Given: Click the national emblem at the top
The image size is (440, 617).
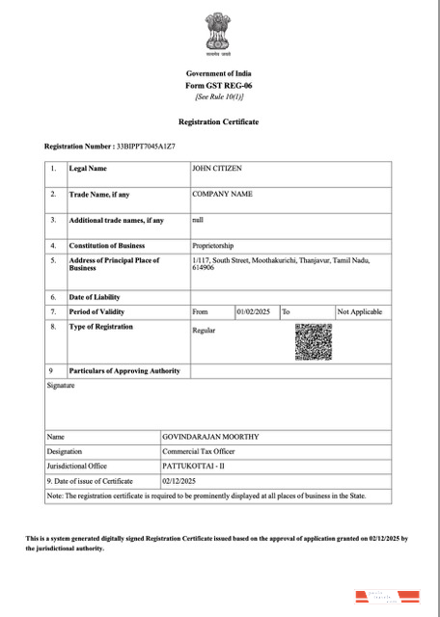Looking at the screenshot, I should click(x=219, y=36).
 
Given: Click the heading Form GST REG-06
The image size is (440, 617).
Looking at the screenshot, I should click(x=219, y=86).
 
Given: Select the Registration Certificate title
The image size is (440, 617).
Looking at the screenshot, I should click(x=219, y=122).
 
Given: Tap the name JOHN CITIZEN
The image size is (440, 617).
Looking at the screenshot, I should click(x=217, y=169).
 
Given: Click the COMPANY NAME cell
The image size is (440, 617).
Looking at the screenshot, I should click(x=223, y=194).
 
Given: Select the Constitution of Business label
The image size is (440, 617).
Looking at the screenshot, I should click(x=106, y=246).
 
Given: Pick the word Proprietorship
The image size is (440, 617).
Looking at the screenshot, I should click(x=213, y=246).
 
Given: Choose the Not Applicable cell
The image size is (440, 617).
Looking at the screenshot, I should click(x=360, y=312).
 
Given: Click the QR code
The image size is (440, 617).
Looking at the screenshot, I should click(x=313, y=342).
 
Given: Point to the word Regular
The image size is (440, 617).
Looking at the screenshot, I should click(x=204, y=331).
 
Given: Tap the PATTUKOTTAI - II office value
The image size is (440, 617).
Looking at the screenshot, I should click(x=193, y=466).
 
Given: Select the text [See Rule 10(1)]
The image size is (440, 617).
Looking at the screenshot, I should click(x=219, y=96).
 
